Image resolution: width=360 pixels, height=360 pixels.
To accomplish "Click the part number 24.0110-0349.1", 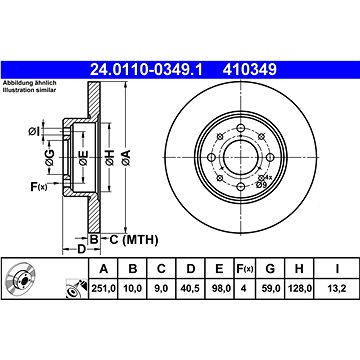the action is click(146, 70).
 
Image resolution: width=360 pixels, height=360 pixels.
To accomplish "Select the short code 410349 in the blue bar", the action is click(250, 70).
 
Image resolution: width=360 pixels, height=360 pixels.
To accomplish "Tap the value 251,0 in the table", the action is click(104, 289).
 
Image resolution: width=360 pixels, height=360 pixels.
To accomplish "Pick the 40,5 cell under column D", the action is click(190, 289).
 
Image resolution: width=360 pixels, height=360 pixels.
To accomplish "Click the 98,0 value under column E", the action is click(219, 289).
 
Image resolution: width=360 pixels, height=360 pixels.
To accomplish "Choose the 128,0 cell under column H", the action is click(299, 289).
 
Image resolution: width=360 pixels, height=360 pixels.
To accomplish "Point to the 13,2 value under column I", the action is click(337, 289).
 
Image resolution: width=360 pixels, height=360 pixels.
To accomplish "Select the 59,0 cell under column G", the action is click(270, 289).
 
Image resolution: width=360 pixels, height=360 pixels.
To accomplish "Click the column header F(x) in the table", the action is click(245, 268).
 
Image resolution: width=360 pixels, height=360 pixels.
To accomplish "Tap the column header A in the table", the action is click(104, 268).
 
